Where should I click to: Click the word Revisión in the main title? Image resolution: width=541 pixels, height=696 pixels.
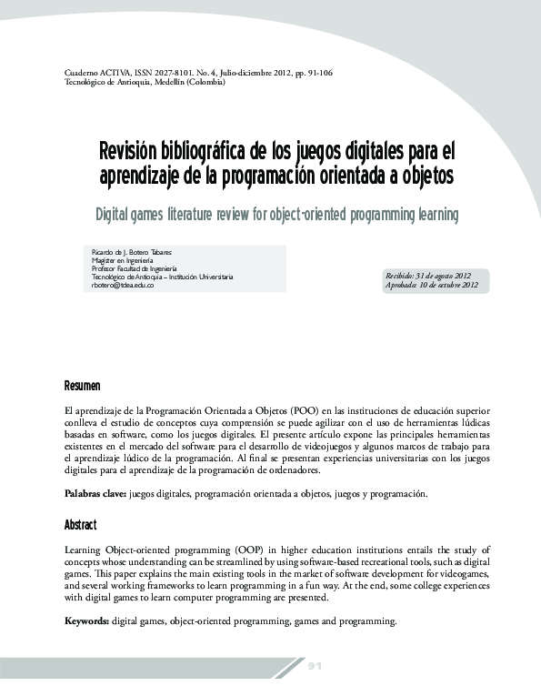[134, 149]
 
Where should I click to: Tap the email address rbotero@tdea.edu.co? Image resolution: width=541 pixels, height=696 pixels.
[123, 285]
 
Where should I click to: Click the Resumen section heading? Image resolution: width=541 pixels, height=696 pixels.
[82, 386]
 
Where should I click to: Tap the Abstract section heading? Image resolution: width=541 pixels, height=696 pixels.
[80, 526]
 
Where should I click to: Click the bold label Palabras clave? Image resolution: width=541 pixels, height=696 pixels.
[95, 493]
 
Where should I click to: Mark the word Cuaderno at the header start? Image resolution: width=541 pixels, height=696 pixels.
[84, 71]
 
